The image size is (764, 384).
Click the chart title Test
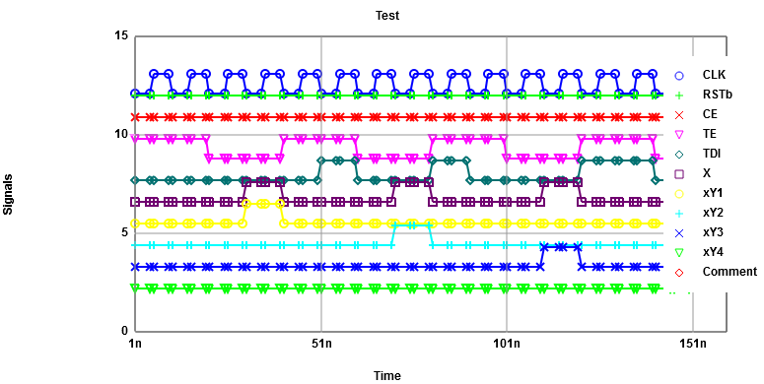coord(387,15)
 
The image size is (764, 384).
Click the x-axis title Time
coord(387,375)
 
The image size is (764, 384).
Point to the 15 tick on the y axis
coord(122,36)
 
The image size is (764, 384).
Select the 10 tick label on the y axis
coord(122,135)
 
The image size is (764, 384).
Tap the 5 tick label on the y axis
coord(125,233)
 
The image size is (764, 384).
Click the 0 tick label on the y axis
coord(125,331)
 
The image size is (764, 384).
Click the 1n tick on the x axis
coord(136,344)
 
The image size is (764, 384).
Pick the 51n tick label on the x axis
coord(321,344)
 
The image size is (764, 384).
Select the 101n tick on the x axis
coord(507,344)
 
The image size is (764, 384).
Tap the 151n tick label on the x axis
coord(693,344)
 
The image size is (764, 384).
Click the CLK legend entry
coord(714,75)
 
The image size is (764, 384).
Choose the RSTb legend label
coord(717,95)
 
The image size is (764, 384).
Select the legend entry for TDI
coord(712,154)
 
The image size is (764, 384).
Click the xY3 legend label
coord(713,232)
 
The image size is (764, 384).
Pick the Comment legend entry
coord(729,272)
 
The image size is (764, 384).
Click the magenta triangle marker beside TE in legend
coord(679,134)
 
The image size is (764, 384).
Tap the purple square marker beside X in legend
coord(679,173)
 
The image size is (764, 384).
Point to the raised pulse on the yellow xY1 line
coord(262,204)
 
